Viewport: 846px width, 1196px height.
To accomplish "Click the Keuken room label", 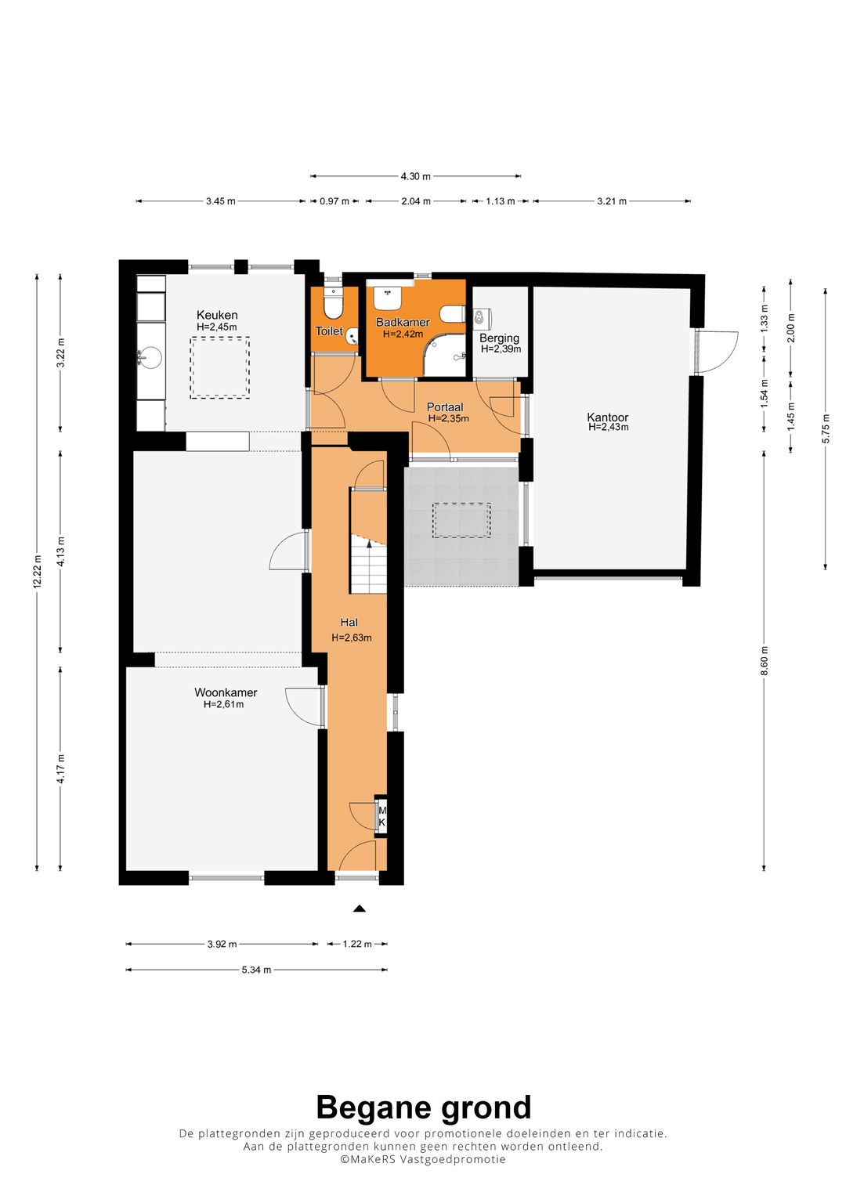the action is (x=217, y=315).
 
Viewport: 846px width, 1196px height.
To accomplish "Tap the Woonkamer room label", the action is (x=226, y=692).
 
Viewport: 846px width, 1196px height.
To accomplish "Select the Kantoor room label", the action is (x=607, y=417).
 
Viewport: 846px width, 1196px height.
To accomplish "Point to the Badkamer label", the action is (x=403, y=322).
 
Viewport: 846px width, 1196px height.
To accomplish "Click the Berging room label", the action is (x=499, y=338).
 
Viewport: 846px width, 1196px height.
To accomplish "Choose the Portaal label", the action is (x=445, y=407).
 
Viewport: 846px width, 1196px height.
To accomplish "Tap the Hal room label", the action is (x=349, y=622).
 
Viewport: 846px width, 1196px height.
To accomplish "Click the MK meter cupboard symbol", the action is (x=382, y=816).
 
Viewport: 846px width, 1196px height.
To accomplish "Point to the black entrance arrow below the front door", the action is (x=360, y=909).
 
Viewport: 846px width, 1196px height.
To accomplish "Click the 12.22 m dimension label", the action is (x=37, y=572).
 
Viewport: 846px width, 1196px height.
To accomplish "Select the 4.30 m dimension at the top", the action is (x=415, y=175).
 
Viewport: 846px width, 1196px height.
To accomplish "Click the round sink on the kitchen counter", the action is (x=150, y=357).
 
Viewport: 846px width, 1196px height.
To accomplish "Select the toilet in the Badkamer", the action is (x=453, y=314).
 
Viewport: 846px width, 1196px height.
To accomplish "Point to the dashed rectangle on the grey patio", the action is (x=461, y=520).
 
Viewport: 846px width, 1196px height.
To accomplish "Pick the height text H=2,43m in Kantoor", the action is (x=608, y=427).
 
